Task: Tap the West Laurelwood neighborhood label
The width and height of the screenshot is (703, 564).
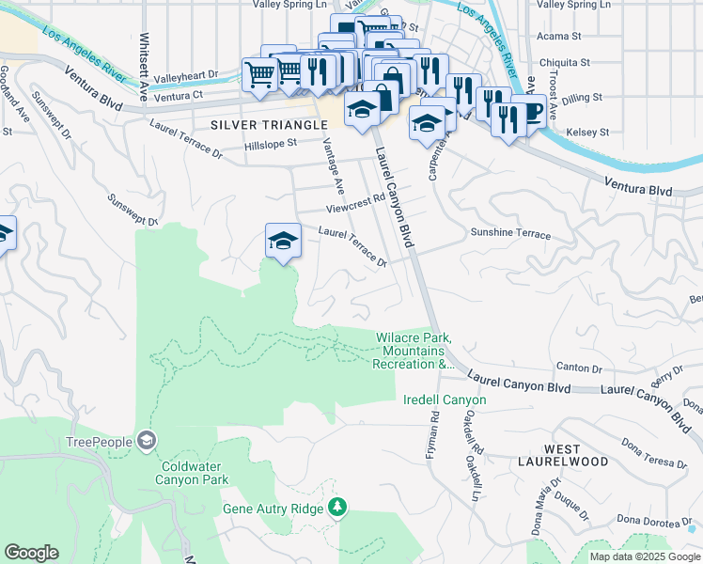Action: click(560, 455)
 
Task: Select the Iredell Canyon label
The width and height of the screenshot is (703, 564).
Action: click(445, 400)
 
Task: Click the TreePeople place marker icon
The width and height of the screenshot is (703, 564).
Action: click(147, 439)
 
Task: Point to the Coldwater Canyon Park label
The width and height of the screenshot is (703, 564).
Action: click(194, 472)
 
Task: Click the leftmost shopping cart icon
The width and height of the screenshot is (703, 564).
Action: click(258, 74)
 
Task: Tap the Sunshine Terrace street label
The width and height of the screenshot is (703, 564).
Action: click(510, 233)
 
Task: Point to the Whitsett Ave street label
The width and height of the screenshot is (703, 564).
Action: click(144, 62)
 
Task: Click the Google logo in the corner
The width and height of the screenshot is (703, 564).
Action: click(31, 553)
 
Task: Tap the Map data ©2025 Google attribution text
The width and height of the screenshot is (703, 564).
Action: click(645, 556)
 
